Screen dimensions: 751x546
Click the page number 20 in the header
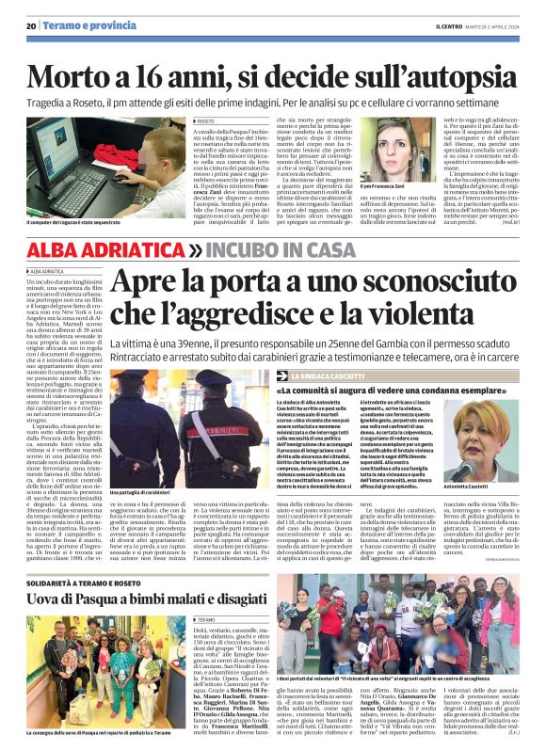(31, 25)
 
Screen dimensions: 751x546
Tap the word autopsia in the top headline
(449, 64)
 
